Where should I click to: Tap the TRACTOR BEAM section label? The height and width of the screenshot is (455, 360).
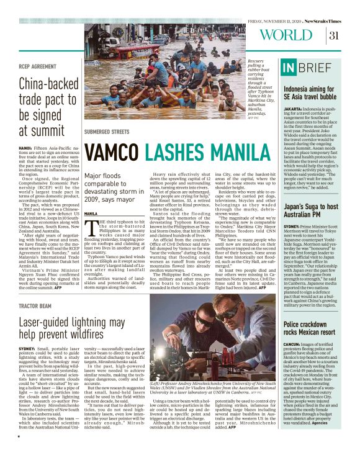point(34,306)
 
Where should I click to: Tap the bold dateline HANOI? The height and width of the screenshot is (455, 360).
point(25,148)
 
